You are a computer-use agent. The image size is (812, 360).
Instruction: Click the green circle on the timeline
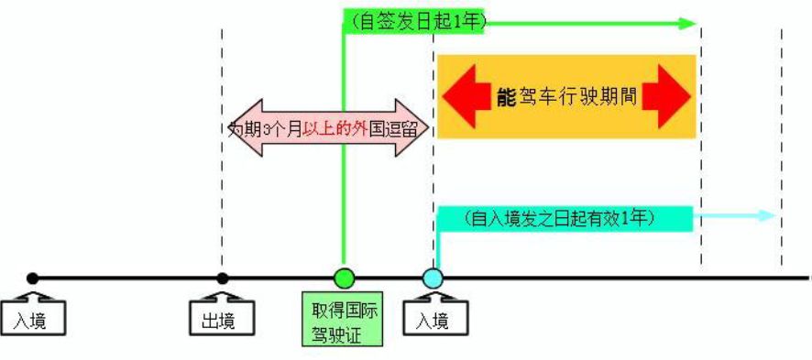(344, 278)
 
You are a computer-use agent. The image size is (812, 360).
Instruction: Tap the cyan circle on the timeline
(433, 278)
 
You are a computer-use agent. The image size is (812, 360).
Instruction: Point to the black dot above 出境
(222, 278)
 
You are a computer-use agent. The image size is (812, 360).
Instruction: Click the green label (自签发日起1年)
(415, 21)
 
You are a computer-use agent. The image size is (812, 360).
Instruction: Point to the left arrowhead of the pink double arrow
(236, 128)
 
